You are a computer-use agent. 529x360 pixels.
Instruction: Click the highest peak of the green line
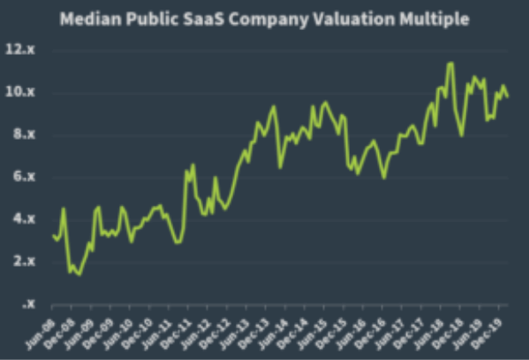tap(450, 63)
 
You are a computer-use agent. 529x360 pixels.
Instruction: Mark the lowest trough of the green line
tap(80, 274)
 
